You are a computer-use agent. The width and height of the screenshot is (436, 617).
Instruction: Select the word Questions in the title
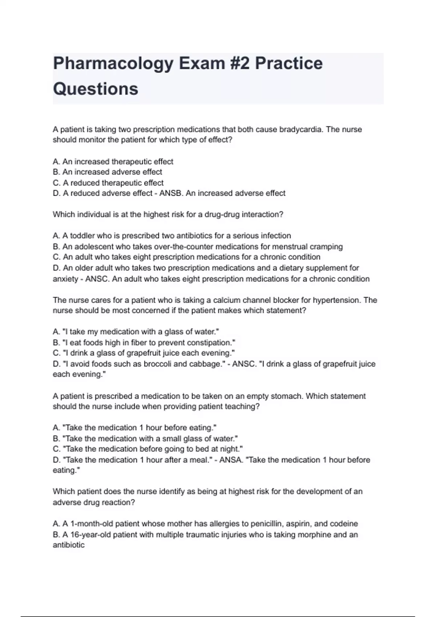coord(96,89)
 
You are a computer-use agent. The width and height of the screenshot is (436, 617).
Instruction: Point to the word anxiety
coord(65,279)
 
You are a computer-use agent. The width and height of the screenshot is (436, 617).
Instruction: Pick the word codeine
coord(343,524)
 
